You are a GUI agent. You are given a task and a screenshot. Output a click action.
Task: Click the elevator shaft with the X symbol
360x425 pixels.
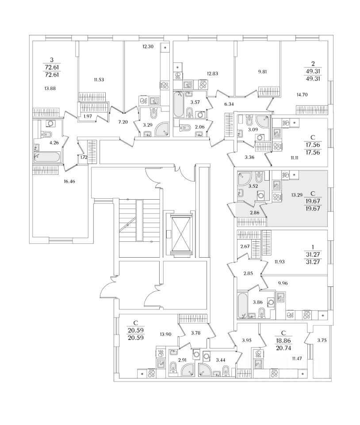181,235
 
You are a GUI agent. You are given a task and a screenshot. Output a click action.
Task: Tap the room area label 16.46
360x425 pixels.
69,182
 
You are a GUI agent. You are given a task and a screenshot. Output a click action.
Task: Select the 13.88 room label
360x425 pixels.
50,88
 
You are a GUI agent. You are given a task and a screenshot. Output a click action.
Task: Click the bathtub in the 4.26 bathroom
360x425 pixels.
46,157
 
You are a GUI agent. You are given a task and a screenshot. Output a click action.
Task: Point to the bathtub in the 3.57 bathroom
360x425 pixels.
178,104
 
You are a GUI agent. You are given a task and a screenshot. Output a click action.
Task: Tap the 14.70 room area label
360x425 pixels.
302,95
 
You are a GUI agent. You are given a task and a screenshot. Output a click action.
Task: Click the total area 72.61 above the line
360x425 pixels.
52,67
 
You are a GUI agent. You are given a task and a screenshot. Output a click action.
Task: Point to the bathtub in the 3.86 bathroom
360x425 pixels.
242,305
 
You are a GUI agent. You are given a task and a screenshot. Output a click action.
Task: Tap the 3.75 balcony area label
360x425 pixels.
322,341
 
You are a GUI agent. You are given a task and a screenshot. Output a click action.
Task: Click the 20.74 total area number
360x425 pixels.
283,348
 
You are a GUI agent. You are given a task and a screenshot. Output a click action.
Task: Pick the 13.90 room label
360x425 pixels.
165,335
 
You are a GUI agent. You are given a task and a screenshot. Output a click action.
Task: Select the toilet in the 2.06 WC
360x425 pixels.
185,127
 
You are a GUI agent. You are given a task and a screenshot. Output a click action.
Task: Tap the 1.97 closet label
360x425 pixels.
88,116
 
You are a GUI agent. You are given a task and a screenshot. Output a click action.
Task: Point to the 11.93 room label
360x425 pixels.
279,262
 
